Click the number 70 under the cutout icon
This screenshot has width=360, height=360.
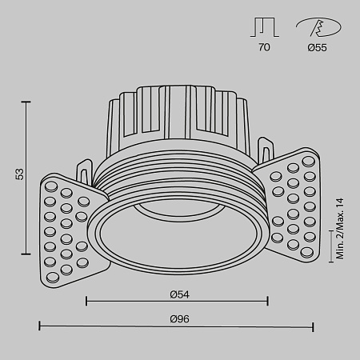click(264, 48)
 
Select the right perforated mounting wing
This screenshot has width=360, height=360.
click(291, 203)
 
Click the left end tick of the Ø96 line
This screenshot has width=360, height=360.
click(40, 327)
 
